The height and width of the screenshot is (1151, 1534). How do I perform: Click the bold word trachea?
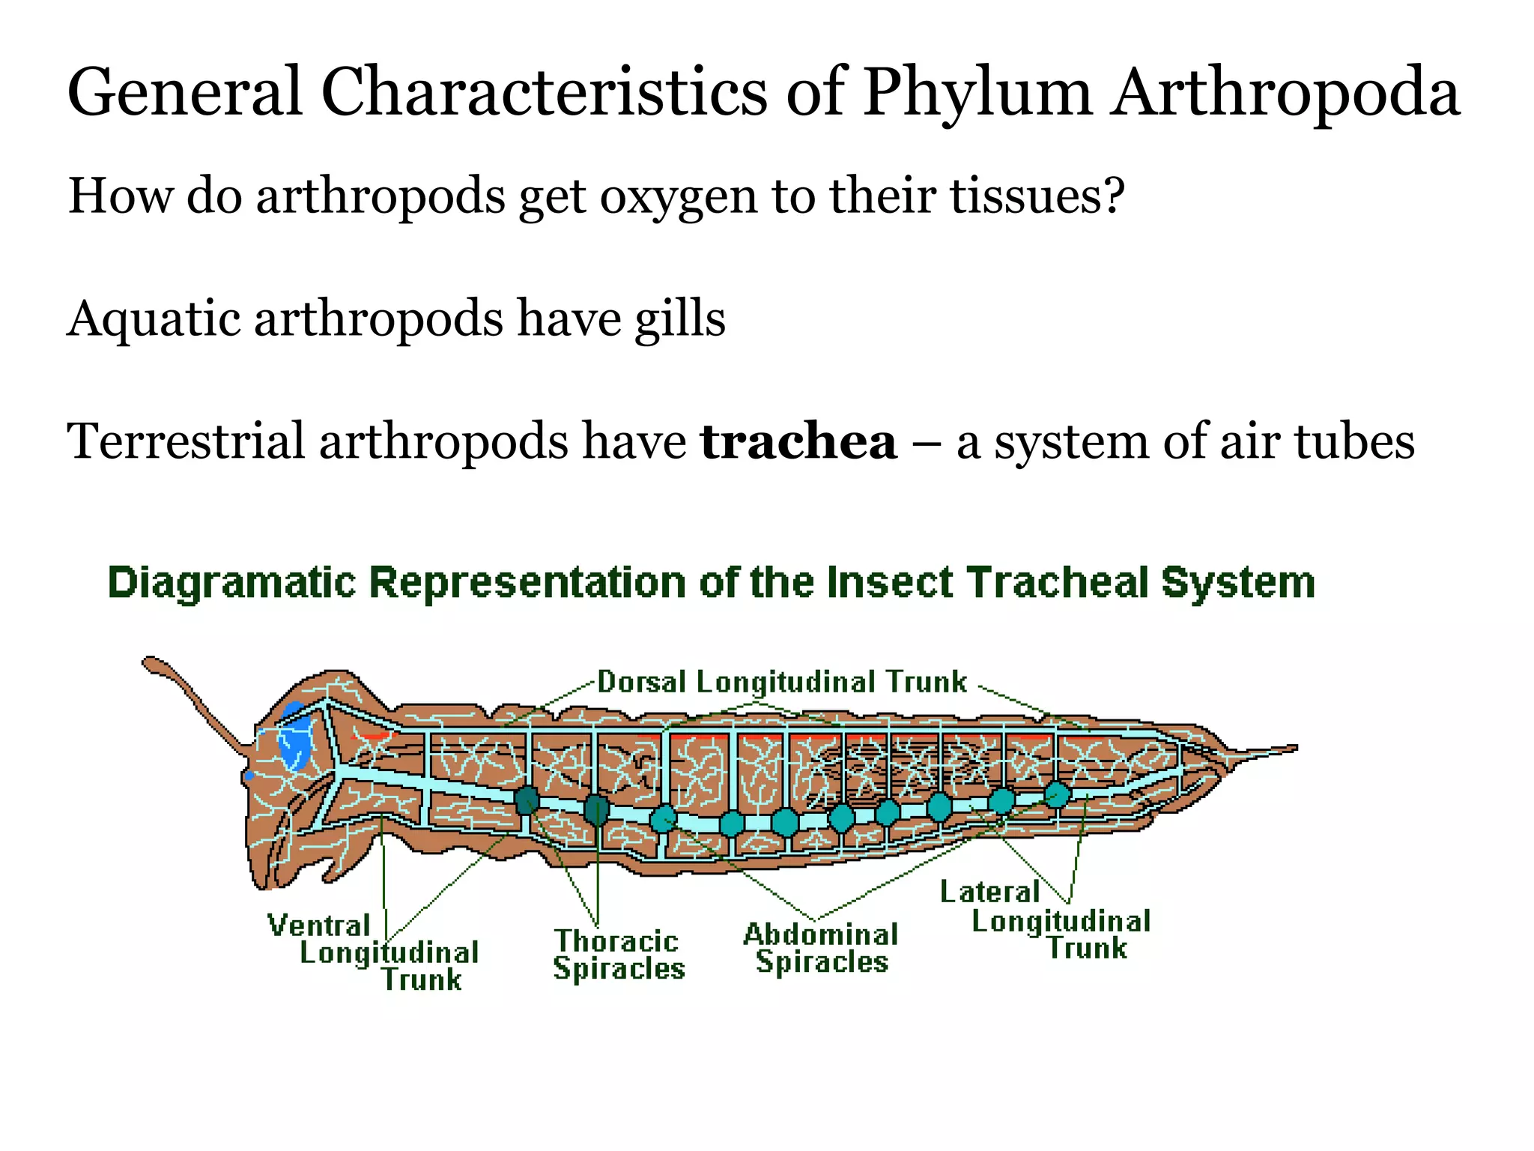click(x=798, y=441)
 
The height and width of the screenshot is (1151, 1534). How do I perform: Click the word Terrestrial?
click(x=184, y=441)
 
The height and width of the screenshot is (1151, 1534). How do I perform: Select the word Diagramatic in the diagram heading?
click(x=231, y=582)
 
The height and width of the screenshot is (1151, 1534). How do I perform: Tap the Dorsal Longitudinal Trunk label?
click(x=781, y=682)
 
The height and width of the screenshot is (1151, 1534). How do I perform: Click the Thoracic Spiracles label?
click(x=619, y=955)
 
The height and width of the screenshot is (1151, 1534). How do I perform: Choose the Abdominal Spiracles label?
click(x=821, y=948)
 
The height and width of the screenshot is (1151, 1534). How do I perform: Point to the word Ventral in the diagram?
click(x=319, y=926)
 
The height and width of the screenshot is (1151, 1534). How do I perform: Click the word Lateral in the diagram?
click(x=989, y=892)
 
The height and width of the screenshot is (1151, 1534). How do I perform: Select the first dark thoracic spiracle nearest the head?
click(x=527, y=800)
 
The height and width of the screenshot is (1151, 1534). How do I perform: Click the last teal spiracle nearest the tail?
click(x=1057, y=794)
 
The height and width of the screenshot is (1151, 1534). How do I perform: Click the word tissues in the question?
click(x=1037, y=196)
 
